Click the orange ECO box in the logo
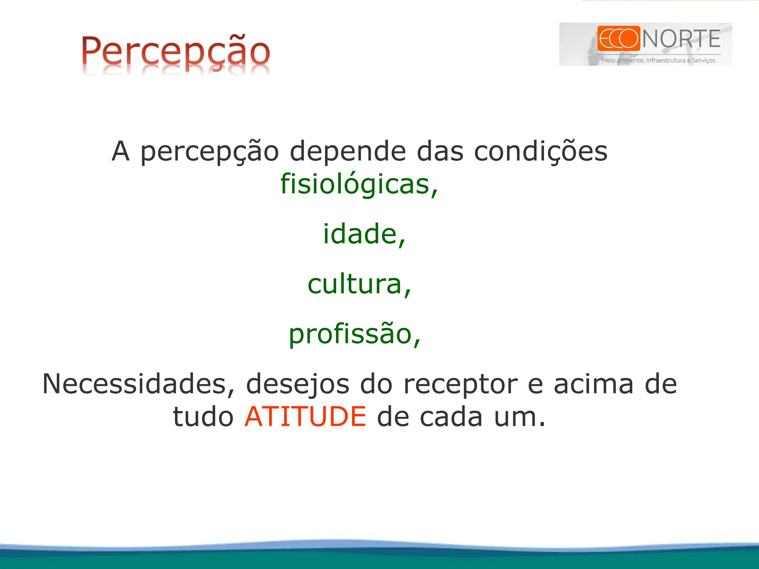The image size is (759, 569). [x=619, y=38]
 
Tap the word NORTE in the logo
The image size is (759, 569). [x=681, y=39]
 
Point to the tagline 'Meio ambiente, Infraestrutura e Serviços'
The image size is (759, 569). [x=658, y=60]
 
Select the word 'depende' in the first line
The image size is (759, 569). [x=348, y=152]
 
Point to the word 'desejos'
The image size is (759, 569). [x=298, y=385]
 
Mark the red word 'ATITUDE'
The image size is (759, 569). [x=305, y=416]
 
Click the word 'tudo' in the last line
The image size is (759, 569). [x=203, y=416]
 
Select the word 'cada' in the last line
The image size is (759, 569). [x=451, y=416]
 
